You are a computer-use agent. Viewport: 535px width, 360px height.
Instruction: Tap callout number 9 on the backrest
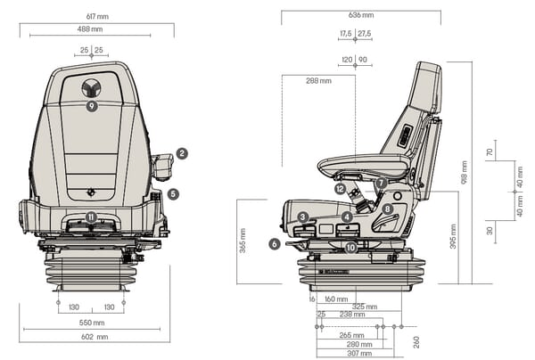click(93, 106)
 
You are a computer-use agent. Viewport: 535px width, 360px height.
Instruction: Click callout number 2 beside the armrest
click(182, 153)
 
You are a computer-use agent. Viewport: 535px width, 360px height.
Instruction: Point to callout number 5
click(173, 193)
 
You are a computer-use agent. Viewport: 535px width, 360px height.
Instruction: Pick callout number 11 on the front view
click(91, 217)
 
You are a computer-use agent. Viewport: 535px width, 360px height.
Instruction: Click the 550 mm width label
click(92, 322)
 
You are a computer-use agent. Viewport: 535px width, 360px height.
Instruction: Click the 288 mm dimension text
click(318, 81)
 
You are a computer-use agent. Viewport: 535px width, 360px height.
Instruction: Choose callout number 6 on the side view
click(275, 243)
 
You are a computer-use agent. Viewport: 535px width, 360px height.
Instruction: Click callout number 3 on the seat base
click(303, 217)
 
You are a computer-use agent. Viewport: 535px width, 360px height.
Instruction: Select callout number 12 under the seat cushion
click(340, 188)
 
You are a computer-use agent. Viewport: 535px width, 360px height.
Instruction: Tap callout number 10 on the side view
click(351, 247)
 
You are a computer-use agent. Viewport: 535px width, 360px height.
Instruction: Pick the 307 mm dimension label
click(358, 354)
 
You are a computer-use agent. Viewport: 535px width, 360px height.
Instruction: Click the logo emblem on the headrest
click(92, 88)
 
